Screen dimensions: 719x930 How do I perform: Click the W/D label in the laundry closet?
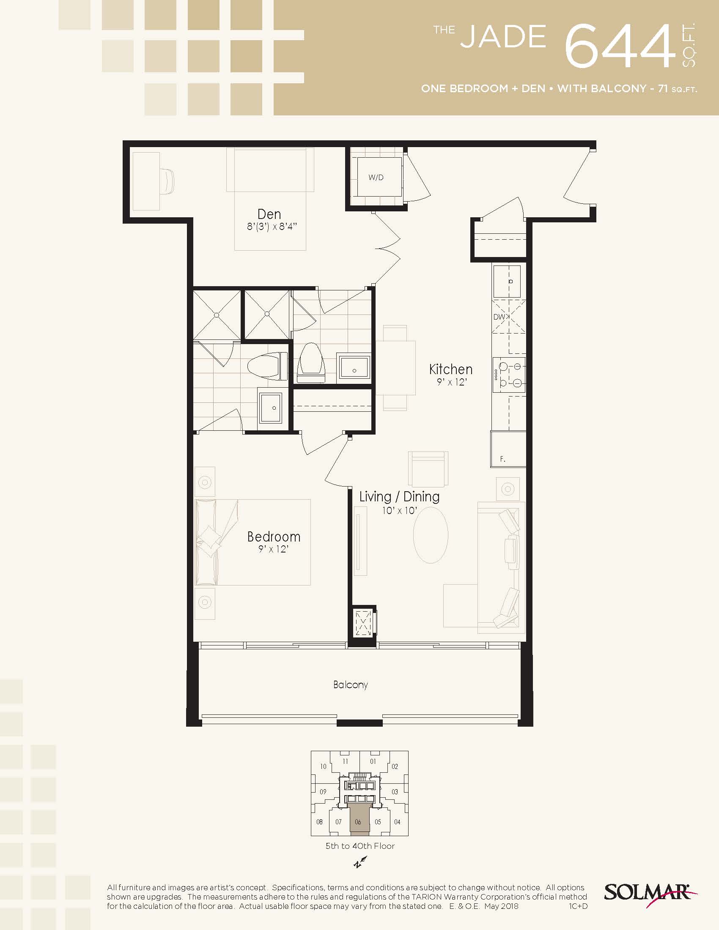(x=376, y=178)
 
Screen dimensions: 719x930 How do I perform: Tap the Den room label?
(x=269, y=214)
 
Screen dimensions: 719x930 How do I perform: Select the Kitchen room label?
(x=451, y=369)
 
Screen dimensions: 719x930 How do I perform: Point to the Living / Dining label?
(x=399, y=497)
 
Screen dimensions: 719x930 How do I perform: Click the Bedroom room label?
(x=274, y=536)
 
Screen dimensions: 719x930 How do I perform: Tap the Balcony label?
(x=350, y=684)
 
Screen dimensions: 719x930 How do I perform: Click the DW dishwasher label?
(x=499, y=317)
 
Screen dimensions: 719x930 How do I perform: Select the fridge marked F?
(x=508, y=449)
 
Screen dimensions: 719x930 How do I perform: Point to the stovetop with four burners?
(x=509, y=374)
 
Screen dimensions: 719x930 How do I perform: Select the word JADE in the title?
(x=503, y=37)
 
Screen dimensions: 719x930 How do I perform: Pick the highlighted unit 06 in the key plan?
(x=358, y=821)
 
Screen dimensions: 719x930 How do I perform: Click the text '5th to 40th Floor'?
(x=360, y=846)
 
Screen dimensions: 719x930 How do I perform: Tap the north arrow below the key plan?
(x=360, y=862)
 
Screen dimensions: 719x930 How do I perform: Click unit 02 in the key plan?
(x=395, y=766)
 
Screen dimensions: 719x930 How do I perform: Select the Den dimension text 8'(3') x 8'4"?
(x=272, y=227)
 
